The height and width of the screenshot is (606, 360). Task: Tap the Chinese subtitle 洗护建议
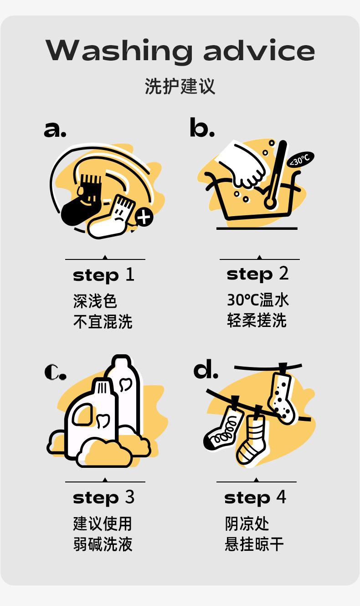(180, 86)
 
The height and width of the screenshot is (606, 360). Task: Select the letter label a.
(55, 129)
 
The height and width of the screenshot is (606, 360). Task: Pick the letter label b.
(202, 127)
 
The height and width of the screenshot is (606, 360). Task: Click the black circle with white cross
(144, 217)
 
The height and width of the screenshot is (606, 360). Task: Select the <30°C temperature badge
(301, 160)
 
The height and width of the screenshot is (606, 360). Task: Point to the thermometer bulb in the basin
(270, 202)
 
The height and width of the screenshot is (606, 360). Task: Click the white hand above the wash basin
(242, 166)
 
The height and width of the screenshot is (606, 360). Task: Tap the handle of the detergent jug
(82, 414)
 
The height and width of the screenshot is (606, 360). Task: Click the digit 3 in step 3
(129, 497)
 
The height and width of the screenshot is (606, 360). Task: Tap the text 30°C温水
(258, 300)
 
